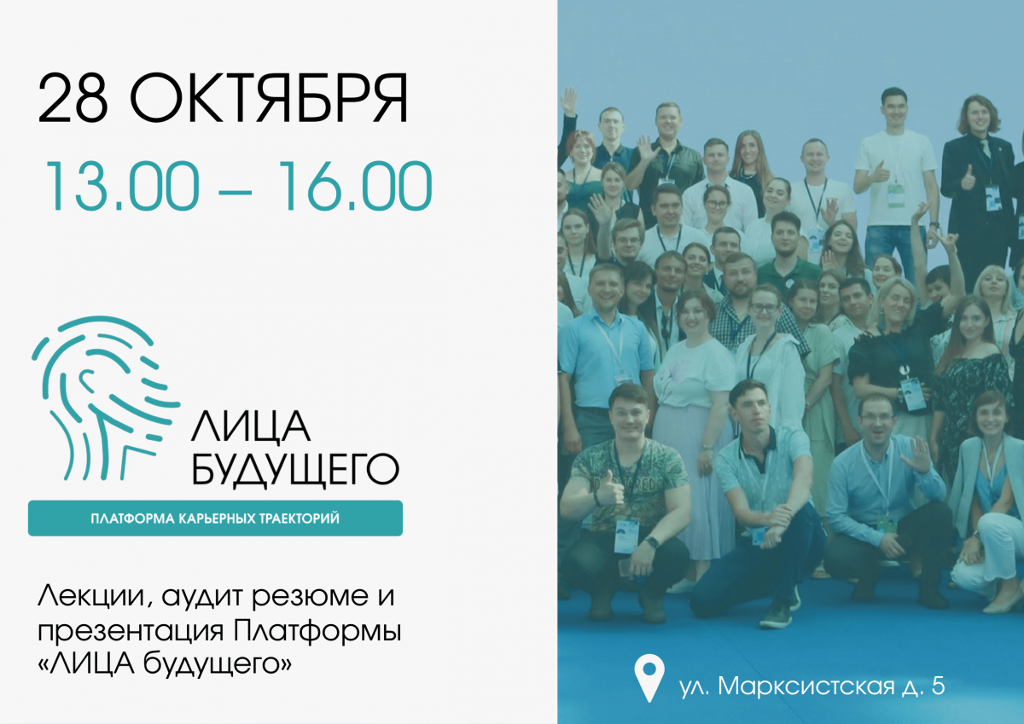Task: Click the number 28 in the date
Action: pos(73,99)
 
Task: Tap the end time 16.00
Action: pos(355,186)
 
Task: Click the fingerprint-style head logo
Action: pos(105,398)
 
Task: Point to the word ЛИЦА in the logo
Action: pos(251,426)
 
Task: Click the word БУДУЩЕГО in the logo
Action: pos(295,469)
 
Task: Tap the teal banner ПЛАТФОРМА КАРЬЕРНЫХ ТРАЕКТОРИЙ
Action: pos(215,518)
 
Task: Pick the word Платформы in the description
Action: pos(317,631)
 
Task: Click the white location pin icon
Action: pos(649,678)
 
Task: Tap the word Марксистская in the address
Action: pos(806,686)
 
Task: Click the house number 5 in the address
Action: pos(938,686)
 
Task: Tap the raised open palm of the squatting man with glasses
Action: pos(916,455)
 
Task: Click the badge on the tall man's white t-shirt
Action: pos(896,195)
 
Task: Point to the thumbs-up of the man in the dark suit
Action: pos(968,178)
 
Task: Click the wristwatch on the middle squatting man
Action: pos(652,542)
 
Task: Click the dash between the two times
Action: pos(236,191)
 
